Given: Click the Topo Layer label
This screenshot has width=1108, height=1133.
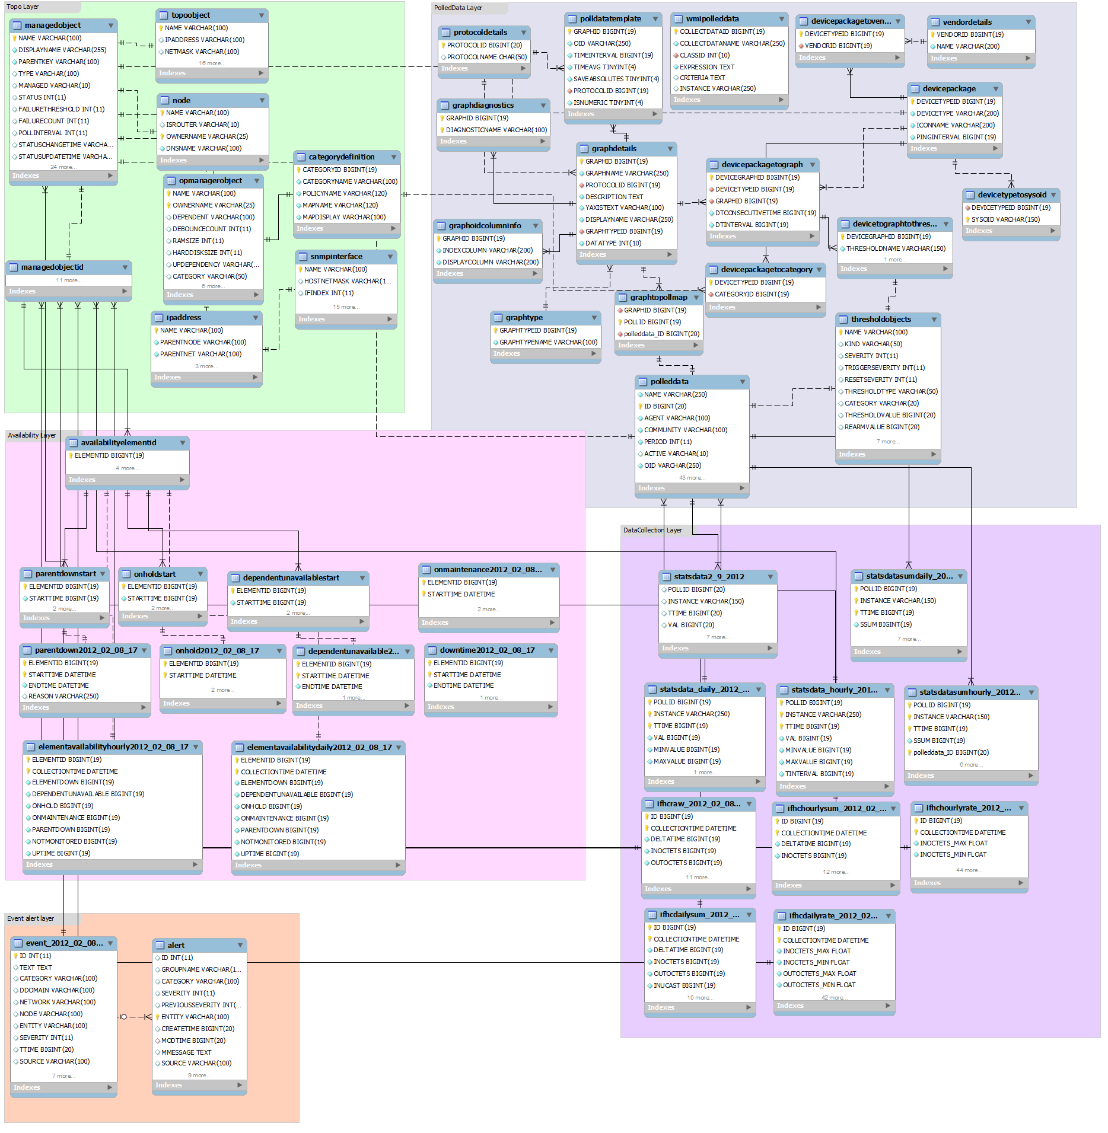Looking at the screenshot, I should click(x=23, y=7).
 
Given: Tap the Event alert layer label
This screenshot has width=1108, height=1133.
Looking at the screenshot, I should click(x=30, y=918).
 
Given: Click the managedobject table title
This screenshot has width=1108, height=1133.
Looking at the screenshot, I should click(x=53, y=25).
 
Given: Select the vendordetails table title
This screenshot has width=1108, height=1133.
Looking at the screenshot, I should click(x=967, y=22).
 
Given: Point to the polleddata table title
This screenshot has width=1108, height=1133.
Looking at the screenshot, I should click(x=669, y=381).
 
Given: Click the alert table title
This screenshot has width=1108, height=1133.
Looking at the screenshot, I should click(x=176, y=945).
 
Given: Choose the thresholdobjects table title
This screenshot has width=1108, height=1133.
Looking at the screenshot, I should click(x=881, y=319).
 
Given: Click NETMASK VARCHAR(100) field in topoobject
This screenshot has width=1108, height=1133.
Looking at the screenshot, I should click(x=202, y=52).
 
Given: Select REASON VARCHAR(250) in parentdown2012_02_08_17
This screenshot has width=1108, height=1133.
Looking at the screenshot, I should click(x=63, y=696).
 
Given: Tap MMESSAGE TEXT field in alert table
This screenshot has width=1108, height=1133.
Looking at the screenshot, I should click(x=186, y=1052).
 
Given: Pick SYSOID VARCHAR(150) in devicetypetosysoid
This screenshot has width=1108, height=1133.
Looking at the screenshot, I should click(x=1005, y=219).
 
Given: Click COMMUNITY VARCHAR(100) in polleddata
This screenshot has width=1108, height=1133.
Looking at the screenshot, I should click(x=685, y=430).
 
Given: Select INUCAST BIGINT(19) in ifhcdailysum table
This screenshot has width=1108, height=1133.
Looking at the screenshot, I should click(x=684, y=985).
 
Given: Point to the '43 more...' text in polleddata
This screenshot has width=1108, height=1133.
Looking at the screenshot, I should click(x=692, y=477).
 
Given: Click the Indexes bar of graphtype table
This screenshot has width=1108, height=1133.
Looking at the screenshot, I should click(x=507, y=353).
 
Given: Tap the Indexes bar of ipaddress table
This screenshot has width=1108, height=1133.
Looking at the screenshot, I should click(x=167, y=377).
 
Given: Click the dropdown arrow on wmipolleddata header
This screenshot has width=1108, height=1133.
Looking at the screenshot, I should click(x=781, y=19).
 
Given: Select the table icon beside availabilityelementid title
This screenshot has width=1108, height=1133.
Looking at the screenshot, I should click(x=73, y=442).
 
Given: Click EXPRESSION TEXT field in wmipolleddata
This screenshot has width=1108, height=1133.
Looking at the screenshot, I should click(x=706, y=67).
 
